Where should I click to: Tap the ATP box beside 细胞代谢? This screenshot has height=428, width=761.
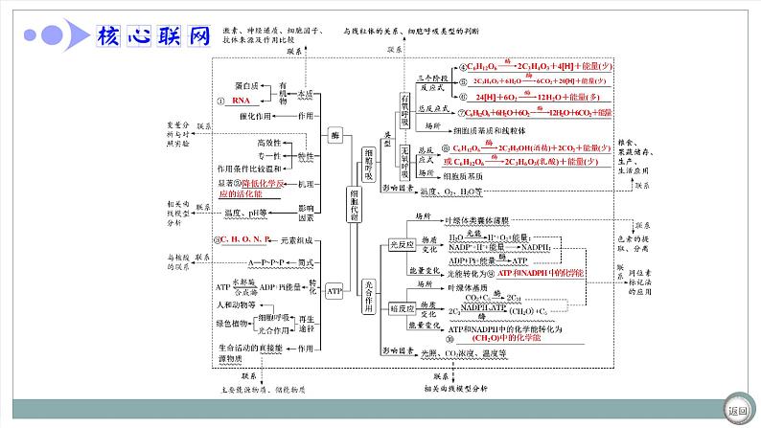(334, 290)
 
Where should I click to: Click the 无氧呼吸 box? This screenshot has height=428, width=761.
(404, 163)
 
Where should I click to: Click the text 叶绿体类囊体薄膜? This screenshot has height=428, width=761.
(479, 217)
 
